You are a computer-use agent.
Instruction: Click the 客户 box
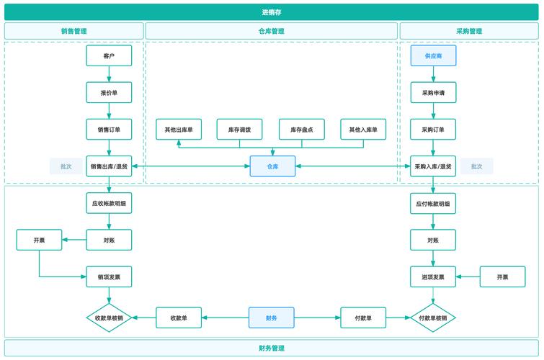pos(109,55)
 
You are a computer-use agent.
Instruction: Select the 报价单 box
pos(109,93)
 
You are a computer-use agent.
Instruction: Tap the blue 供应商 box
pos(433,55)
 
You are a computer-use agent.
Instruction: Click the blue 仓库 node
pos(272,166)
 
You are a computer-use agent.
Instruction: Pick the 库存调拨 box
pos(239,130)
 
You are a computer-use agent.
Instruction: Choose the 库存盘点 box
pos(302,130)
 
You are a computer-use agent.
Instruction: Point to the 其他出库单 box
pos(179,130)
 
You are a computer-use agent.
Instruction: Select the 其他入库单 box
pos(363,130)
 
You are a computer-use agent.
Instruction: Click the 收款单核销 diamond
pos(109,318)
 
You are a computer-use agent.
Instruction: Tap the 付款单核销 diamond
pos(433,318)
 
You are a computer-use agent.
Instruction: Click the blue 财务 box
pos(272,318)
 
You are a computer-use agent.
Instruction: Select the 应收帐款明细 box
pos(109,203)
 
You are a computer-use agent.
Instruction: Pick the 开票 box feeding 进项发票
pos(503,276)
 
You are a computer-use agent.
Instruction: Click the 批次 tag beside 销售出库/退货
pos(66,166)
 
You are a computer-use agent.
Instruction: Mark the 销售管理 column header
pos(74,31)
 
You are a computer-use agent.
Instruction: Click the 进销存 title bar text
pos(272,12)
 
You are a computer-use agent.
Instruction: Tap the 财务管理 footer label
pos(272,348)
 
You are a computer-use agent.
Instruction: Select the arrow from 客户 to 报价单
pos(109,74)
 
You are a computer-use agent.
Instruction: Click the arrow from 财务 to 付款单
pos(317,318)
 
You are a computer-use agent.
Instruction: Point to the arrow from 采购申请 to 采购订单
pos(433,111)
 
